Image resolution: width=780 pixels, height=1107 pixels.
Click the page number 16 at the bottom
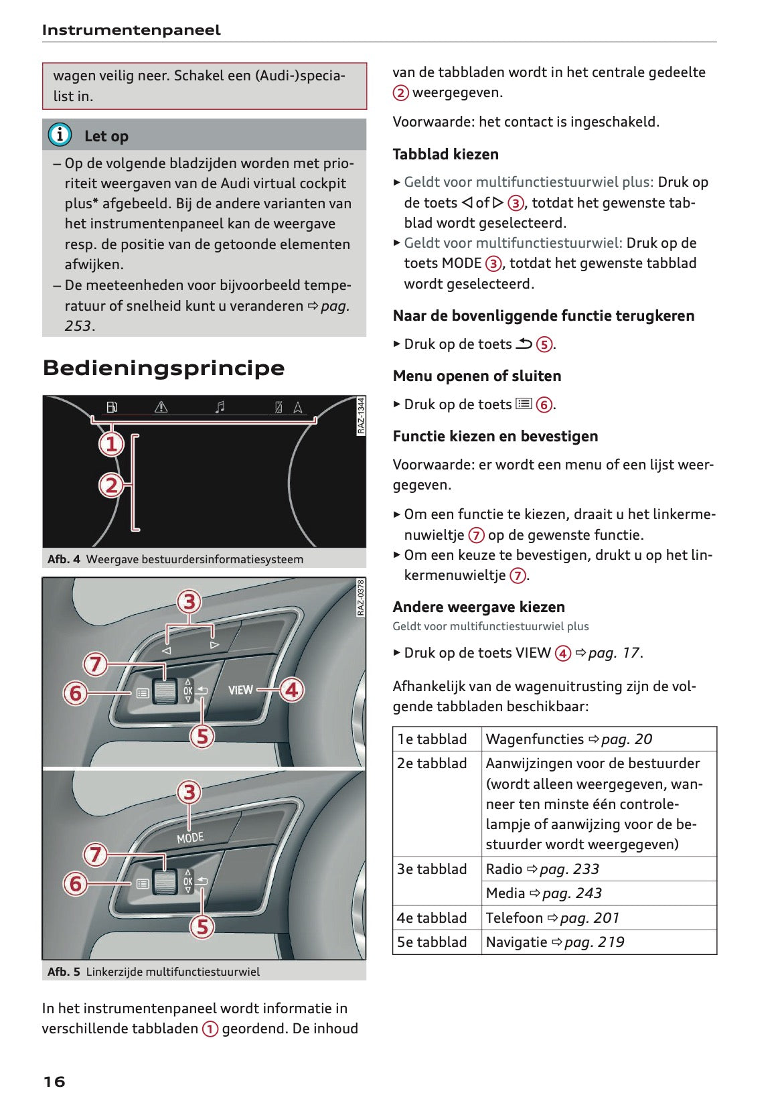tap(54, 1081)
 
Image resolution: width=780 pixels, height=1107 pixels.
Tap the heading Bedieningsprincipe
tap(163, 368)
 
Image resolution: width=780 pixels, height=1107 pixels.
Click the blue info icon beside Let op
tap(60, 135)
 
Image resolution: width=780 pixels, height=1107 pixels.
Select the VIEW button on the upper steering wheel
tap(240, 690)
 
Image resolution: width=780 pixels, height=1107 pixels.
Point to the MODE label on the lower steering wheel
tap(190, 838)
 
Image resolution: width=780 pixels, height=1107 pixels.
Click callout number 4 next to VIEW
tap(291, 690)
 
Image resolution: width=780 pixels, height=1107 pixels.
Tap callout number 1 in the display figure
tap(112, 444)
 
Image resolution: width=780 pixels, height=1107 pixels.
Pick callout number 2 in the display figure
tap(112, 485)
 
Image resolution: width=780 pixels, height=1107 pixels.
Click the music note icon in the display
tap(220, 407)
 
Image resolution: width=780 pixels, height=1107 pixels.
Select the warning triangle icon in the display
tap(161, 407)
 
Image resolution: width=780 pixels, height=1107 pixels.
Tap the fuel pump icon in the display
tap(112, 407)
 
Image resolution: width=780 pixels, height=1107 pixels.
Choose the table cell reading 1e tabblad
tap(432, 739)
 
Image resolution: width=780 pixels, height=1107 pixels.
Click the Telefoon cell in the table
tap(552, 918)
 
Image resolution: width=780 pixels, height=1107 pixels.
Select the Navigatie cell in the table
tap(555, 942)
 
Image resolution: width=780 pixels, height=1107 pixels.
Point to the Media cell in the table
tap(544, 893)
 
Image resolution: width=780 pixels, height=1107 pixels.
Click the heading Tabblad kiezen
tap(445, 154)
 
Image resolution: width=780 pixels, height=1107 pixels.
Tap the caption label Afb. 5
tap(64, 972)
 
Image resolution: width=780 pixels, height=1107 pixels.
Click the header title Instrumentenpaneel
tap(131, 30)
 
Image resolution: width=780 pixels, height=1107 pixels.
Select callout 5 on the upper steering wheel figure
tap(202, 737)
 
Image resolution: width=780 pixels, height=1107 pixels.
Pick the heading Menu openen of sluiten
tap(477, 376)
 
